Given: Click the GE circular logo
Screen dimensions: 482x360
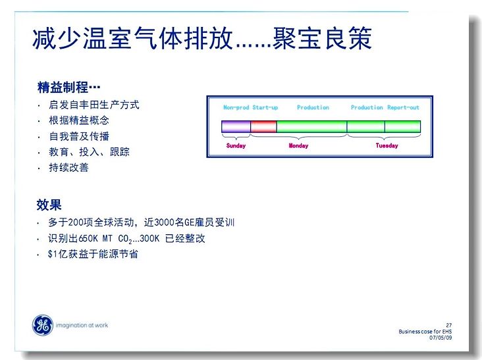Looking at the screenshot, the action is pyautogui.click(x=42, y=325).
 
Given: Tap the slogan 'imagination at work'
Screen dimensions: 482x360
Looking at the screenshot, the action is pyautogui.click(x=82, y=325).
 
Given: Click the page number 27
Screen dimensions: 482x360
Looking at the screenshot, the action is pyautogui.click(x=449, y=325).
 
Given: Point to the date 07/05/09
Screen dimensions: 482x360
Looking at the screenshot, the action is pyautogui.click(x=441, y=338).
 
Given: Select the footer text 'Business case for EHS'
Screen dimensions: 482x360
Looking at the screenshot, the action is pyautogui.click(x=425, y=332).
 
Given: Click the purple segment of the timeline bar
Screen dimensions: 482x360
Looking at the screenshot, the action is pyautogui.click(x=236, y=126).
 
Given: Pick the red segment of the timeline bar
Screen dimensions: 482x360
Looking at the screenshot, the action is pyautogui.click(x=264, y=126).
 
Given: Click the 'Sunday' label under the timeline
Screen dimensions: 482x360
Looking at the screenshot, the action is pyautogui.click(x=236, y=145).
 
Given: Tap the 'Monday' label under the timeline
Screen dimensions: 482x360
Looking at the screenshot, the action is pyautogui.click(x=298, y=145).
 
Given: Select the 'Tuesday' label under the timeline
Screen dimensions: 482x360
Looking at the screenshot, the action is pyautogui.click(x=387, y=145).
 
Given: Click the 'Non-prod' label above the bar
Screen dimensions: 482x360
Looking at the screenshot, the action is pyautogui.click(x=236, y=107).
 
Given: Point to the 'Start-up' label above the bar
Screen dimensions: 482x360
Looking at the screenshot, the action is pyautogui.click(x=265, y=107).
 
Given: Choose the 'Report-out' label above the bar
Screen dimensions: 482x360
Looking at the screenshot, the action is pyautogui.click(x=403, y=107).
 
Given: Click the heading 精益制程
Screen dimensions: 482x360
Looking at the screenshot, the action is pyautogui.click(x=63, y=88).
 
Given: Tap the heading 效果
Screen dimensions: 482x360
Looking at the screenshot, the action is pyautogui.click(x=49, y=205).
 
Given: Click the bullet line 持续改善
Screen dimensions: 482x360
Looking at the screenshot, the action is pyautogui.click(x=68, y=168).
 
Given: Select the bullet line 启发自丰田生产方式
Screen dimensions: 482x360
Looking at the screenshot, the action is pyautogui.click(x=94, y=105).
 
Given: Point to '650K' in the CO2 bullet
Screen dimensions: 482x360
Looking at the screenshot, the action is pyautogui.click(x=88, y=238).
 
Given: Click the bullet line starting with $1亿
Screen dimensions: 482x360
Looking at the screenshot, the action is pyautogui.click(x=93, y=254).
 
